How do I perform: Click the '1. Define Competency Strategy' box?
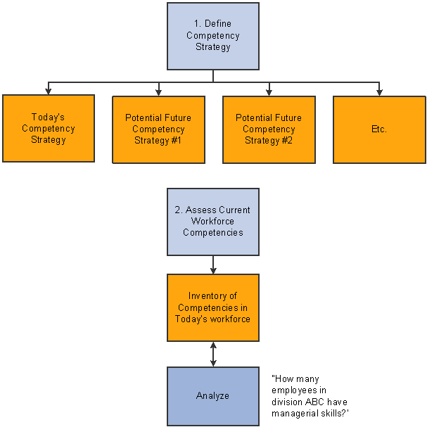(212, 36)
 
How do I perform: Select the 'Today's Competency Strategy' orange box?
(48, 129)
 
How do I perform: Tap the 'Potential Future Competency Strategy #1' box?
(158, 129)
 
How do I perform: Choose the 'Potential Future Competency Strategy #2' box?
(269, 129)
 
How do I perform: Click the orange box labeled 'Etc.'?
(379, 129)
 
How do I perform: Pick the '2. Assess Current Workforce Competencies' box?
(212, 222)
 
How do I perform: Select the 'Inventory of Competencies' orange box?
(212, 307)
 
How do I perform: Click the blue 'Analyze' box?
(212, 396)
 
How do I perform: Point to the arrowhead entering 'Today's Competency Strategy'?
(48, 91)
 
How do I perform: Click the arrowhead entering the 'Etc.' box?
(379, 91)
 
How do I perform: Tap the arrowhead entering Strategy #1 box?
(158, 91)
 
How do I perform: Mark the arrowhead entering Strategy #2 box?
(269, 91)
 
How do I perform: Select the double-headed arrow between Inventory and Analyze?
(212, 354)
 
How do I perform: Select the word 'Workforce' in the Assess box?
(212, 222)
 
